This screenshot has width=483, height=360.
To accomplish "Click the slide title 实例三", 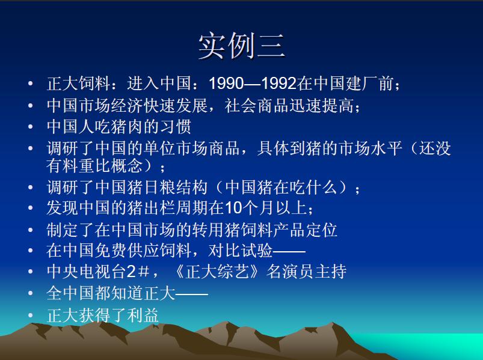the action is click(242, 46).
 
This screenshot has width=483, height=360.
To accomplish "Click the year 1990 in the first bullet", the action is click(226, 84).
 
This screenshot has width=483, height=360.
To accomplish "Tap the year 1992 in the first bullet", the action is click(279, 84).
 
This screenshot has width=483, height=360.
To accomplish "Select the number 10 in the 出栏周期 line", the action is click(234, 208).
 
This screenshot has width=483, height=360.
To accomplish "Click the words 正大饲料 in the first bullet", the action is click(79, 84).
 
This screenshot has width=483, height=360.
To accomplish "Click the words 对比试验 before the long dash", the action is click(240, 250).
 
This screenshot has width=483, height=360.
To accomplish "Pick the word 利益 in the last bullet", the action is click(143, 315).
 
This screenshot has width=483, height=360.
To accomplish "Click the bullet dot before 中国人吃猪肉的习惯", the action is click(30, 127).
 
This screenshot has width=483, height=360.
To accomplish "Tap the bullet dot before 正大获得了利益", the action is click(30, 316).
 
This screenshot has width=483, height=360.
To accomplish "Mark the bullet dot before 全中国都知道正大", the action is click(30, 293).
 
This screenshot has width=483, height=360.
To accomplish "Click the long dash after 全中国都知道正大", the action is click(192, 294).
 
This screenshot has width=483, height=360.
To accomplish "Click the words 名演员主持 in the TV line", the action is click(307, 272).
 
